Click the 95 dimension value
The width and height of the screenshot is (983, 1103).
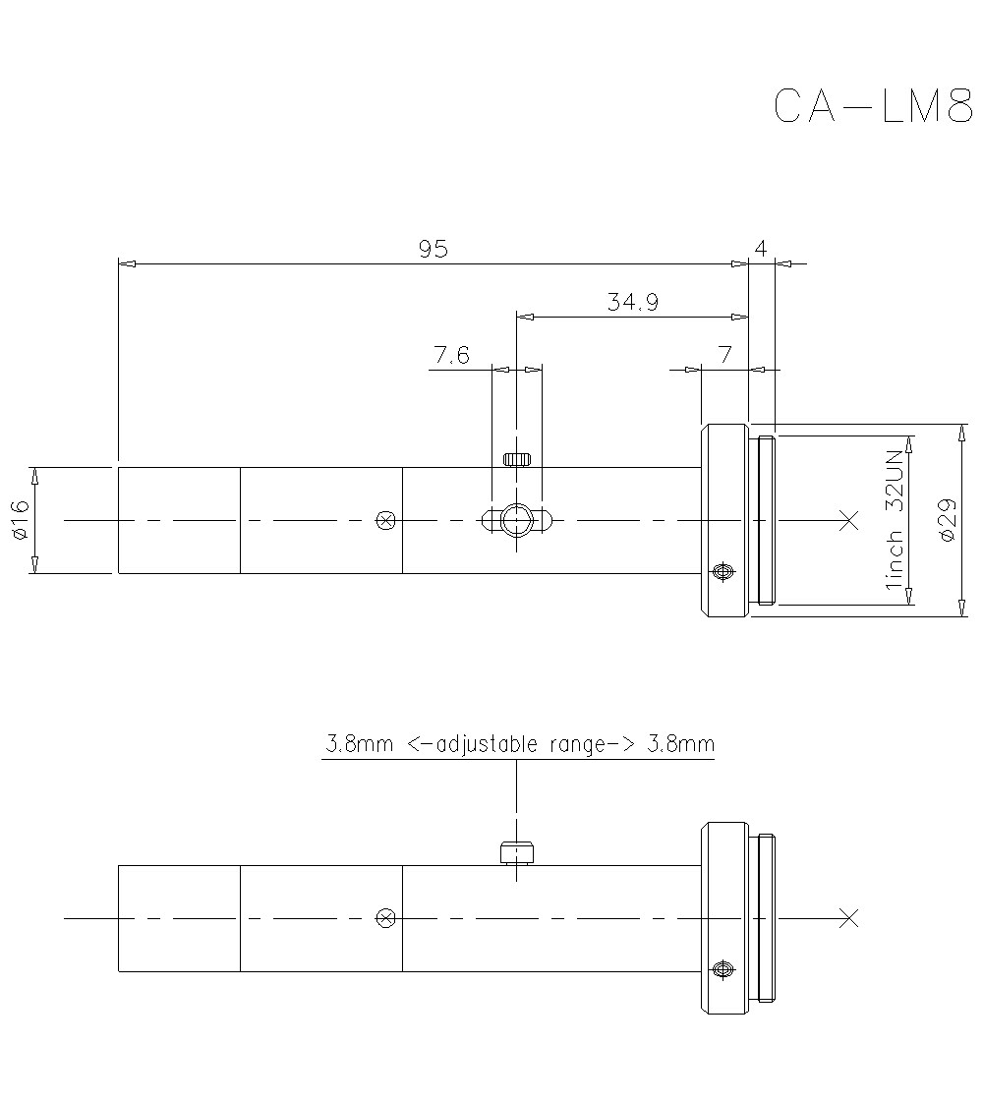tap(434, 249)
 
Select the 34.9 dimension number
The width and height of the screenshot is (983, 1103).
tap(632, 303)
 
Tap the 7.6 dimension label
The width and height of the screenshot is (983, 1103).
tap(450, 355)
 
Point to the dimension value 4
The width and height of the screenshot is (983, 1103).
tap(760, 249)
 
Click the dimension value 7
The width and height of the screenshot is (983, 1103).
tap(724, 355)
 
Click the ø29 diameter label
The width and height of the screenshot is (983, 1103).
tap(947, 519)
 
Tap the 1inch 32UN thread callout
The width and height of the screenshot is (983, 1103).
tap(894, 519)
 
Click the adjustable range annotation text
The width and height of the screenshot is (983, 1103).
tap(519, 744)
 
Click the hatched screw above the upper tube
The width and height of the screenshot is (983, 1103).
tap(516, 458)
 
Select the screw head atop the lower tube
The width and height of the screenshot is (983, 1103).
tap(515, 852)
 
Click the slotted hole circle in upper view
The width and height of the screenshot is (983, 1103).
tap(515, 518)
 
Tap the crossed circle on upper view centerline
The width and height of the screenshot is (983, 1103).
tap(386, 520)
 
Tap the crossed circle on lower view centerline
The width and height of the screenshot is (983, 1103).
tap(386, 918)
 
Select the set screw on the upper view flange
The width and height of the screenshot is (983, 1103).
tap(723, 572)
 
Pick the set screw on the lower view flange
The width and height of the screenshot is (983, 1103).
tap(723, 970)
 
